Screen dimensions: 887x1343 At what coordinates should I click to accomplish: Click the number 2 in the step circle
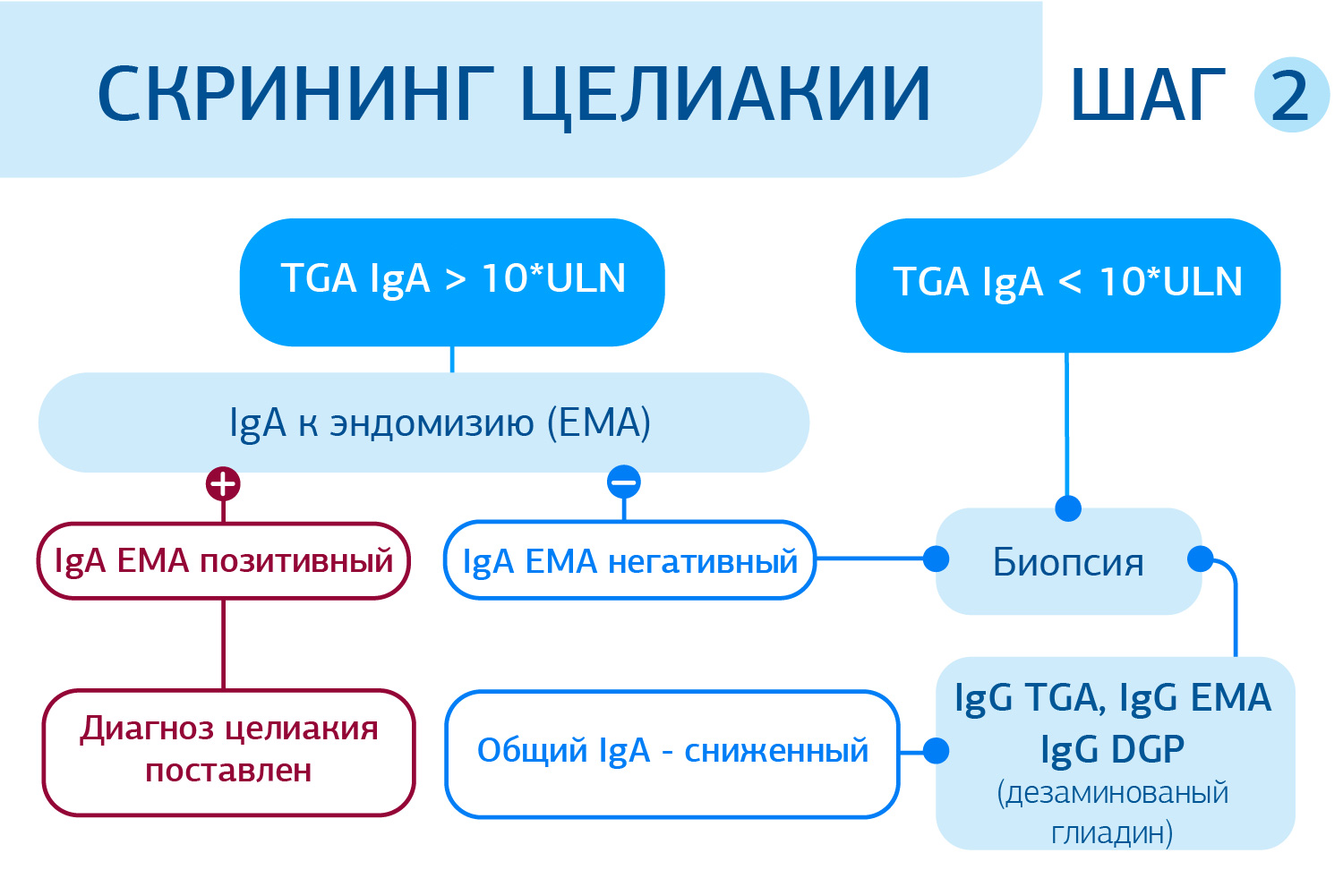1289,95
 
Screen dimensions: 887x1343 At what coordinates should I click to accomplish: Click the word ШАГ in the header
1148,95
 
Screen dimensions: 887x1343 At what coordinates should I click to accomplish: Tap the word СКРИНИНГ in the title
295,93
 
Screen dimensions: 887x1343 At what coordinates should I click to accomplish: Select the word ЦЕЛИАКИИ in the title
726,95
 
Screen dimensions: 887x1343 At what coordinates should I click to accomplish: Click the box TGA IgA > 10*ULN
452,281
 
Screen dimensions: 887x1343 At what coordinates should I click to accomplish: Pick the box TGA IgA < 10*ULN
1067,285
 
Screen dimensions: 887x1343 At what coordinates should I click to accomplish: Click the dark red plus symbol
223,484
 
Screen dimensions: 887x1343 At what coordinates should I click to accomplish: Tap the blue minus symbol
623,482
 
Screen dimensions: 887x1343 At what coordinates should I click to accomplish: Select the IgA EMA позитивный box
224,561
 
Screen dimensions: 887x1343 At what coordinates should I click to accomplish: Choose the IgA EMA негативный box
629,561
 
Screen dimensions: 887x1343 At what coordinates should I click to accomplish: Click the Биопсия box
1068,563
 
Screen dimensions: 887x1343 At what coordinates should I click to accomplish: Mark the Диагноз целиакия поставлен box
229,751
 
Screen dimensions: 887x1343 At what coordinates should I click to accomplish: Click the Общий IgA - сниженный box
671,752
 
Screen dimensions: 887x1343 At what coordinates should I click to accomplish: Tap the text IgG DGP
1113,749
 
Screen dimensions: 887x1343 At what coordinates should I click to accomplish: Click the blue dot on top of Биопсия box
1067,508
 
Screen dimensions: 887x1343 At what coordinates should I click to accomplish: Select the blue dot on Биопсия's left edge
936,559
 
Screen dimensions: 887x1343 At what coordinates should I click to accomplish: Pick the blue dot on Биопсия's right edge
1200,559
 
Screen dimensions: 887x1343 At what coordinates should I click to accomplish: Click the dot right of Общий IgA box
936,751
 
